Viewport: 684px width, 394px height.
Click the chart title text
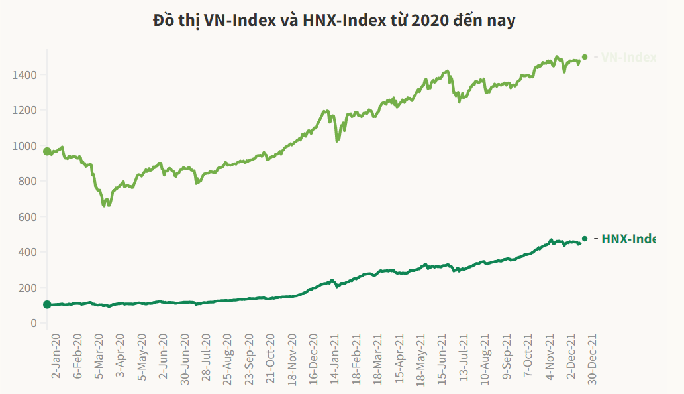point(334,21)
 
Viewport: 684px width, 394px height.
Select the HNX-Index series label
point(628,239)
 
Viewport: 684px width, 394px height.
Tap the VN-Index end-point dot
point(585,57)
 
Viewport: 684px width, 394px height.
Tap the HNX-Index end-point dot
point(585,239)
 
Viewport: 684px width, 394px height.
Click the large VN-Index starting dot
point(47,151)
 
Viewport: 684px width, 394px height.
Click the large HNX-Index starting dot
point(47,304)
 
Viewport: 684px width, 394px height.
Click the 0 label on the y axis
point(33,323)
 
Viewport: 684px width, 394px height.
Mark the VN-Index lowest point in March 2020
point(105,205)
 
